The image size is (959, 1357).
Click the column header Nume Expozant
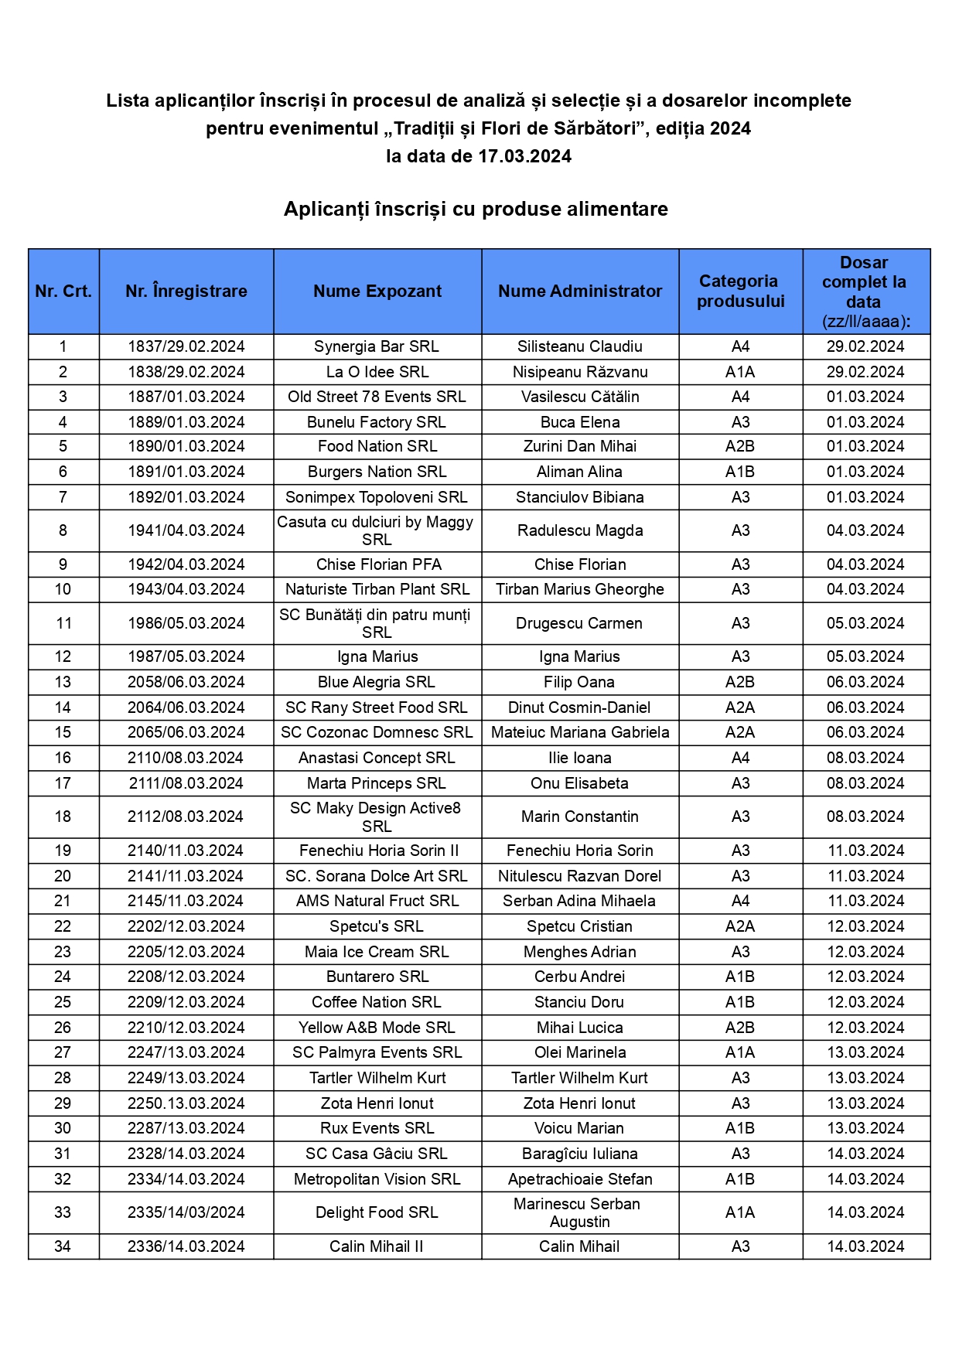point(377,292)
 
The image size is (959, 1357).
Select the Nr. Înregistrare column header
point(186,292)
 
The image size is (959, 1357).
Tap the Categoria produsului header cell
point(740,292)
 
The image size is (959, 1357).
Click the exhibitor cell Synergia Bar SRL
point(377,346)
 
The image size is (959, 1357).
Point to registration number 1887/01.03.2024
point(186,397)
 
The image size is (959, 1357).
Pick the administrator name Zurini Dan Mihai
point(580,446)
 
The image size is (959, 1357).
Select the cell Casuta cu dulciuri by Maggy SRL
point(377,530)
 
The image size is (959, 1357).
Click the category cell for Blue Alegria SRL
point(740,682)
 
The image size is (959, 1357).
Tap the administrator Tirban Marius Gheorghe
point(580,589)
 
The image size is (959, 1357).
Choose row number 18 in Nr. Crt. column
point(63,817)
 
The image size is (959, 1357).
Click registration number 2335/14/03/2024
point(186,1212)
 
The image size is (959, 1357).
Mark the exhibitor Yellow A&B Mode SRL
point(377,1028)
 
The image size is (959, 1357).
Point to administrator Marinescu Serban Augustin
point(580,1212)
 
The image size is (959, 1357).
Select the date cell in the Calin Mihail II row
point(865,1246)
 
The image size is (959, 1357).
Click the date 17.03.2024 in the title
point(524,156)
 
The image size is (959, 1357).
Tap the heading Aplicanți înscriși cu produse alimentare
point(476,210)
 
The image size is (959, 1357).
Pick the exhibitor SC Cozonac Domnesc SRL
point(377,732)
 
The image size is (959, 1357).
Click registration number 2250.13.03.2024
point(186,1103)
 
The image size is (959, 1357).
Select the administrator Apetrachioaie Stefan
point(580,1179)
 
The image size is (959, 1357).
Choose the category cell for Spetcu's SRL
point(740,926)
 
